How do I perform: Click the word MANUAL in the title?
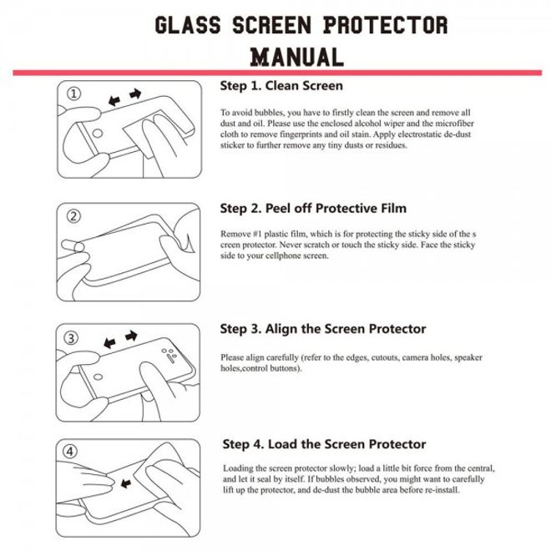pyautogui.click(x=297, y=57)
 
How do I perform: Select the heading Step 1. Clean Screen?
pyautogui.click(x=281, y=85)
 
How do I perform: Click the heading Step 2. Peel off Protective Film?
pyautogui.click(x=313, y=208)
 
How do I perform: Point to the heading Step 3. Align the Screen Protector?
pyautogui.click(x=322, y=329)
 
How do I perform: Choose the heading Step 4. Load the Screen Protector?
pyautogui.click(x=325, y=444)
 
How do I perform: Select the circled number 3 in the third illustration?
pyautogui.click(x=73, y=338)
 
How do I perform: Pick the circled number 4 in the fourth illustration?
pyautogui.click(x=73, y=452)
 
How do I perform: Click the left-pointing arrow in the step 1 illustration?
pyautogui.click(x=115, y=99)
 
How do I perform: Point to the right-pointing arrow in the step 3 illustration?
pyautogui.click(x=130, y=336)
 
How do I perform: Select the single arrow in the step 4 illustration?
pyautogui.click(x=127, y=483)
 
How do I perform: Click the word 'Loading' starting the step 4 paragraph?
pyautogui.click(x=240, y=468)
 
